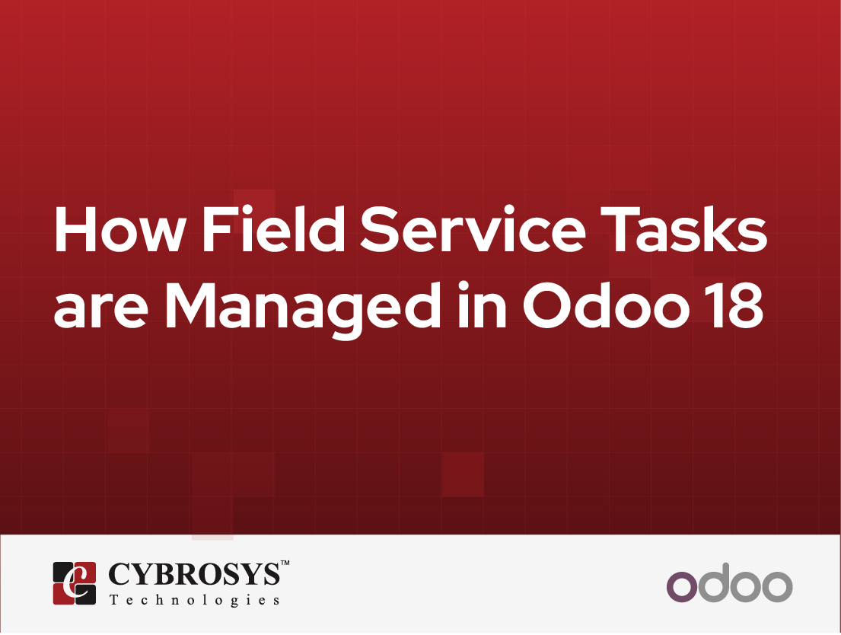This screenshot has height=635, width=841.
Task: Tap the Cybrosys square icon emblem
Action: (74, 582)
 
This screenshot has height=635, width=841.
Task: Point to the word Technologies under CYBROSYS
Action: (194, 600)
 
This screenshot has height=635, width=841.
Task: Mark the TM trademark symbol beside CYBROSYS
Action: (285, 563)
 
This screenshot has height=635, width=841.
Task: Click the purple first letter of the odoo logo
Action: (682, 586)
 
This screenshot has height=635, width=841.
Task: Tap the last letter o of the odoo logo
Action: (778, 586)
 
